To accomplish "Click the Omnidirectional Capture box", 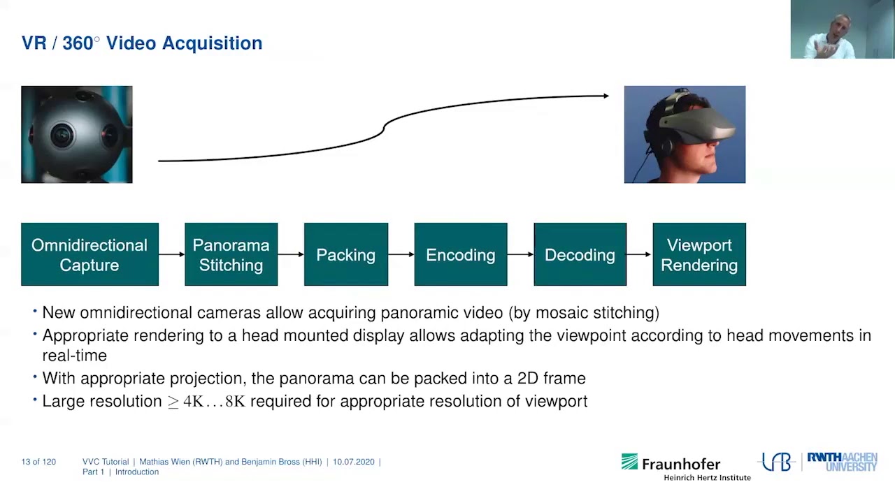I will pos(89,254).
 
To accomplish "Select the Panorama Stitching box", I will pos(231,254).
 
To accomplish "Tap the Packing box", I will pos(345,254).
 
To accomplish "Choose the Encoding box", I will pos(460,254).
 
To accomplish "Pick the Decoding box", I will pos(580,254).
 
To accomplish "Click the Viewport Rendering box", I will pos(699,254).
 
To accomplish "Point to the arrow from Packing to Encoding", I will pos(401,254).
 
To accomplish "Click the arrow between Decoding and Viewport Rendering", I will pos(639,254).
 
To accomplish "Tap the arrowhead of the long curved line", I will pos(606,96).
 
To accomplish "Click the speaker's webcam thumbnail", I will pos(842,29).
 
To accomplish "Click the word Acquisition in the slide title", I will pos(212,43).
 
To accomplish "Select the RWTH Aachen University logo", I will pos(842,462).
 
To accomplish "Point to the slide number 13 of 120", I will pos(38,462).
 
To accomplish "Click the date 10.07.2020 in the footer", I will pos(353,462).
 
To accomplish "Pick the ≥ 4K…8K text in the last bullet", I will pos(206,402).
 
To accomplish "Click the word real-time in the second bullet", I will pos(74,356).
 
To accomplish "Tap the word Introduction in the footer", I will pos(137,472).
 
